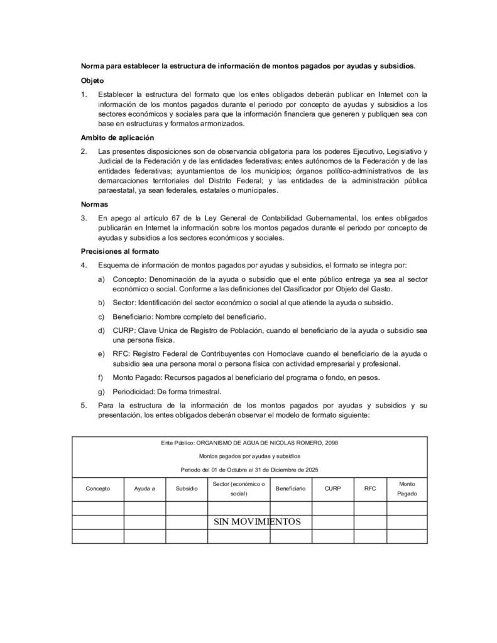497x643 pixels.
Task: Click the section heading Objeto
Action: click(x=92, y=81)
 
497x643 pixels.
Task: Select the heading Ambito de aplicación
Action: click(x=117, y=138)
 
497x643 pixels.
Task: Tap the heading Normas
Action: click(x=94, y=204)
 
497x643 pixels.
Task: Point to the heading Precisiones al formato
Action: click(x=120, y=251)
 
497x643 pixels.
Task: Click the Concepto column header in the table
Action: click(x=97, y=488)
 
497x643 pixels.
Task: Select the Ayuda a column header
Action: click(x=145, y=488)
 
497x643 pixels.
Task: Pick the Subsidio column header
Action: click(x=187, y=488)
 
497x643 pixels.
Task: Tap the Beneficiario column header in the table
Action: click(x=290, y=488)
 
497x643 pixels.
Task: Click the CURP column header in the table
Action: click(x=333, y=488)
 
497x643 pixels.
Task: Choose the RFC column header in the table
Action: click(x=370, y=488)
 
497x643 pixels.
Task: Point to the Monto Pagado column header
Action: click(x=407, y=489)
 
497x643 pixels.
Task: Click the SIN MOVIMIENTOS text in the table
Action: click(x=258, y=522)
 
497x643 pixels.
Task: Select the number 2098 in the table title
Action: click(x=330, y=443)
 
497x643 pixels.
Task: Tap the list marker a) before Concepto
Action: click(x=101, y=278)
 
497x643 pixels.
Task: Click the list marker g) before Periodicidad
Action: click(x=101, y=391)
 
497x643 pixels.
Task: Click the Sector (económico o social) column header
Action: click(x=239, y=489)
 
